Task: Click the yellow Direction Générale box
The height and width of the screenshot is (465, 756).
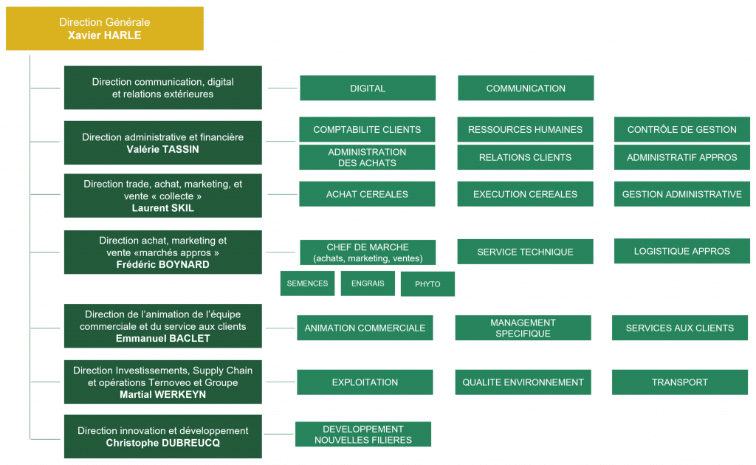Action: click(105, 29)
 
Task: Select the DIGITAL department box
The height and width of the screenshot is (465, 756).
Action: click(368, 88)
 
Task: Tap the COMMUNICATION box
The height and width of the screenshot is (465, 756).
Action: click(526, 88)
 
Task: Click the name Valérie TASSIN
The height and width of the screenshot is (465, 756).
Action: click(163, 149)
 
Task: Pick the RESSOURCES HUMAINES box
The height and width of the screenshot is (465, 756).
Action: click(525, 130)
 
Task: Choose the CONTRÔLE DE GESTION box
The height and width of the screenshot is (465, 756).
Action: click(681, 130)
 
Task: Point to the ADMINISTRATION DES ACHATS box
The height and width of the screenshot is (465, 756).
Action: click(367, 157)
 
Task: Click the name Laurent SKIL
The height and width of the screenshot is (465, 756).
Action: click(163, 208)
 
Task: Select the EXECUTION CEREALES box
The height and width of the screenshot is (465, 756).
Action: click(525, 194)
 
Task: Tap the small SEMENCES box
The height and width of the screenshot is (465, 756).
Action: click(308, 283)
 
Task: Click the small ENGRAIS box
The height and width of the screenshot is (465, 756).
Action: click(368, 283)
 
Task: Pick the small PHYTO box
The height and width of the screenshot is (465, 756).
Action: click(427, 284)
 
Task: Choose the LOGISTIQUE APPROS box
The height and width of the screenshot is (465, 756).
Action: click(681, 251)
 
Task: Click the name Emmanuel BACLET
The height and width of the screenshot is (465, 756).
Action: click(163, 339)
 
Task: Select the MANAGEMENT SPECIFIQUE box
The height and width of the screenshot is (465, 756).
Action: click(523, 328)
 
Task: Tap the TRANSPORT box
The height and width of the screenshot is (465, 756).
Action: click(680, 382)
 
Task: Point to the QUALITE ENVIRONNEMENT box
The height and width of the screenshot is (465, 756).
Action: click(523, 382)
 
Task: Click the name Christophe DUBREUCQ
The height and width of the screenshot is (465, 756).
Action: click(163, 443)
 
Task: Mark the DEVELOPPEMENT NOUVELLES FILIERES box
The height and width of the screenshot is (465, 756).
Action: click(363, 434)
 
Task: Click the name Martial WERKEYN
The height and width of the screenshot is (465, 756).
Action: click(163, 395)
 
